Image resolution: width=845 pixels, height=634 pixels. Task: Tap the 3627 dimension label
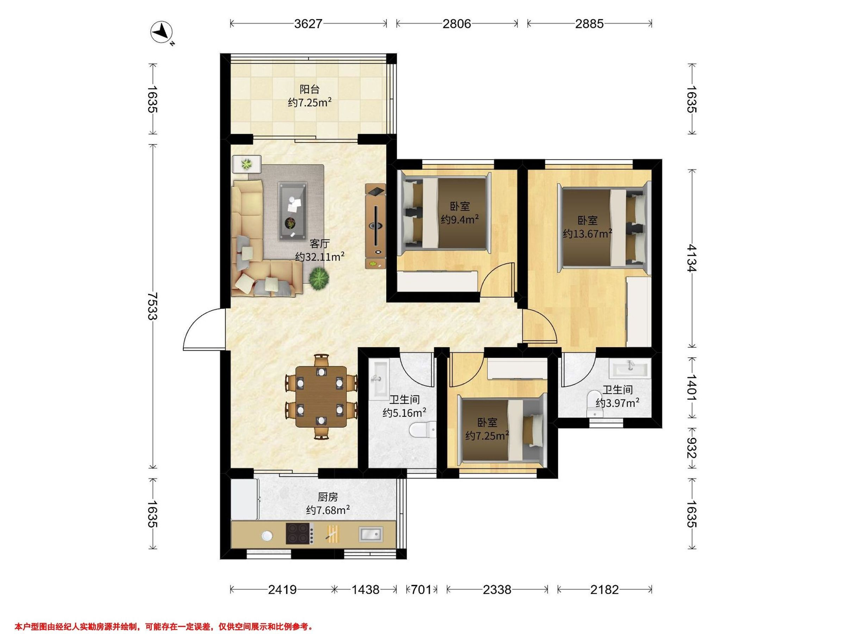tap(308, 24)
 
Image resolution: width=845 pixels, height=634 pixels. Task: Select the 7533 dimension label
tap(152, 306)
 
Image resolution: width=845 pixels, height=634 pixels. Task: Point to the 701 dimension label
tap(421, 590)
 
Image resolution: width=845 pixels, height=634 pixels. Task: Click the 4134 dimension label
tap(691, 258)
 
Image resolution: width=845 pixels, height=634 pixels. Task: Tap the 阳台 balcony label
tap(309, 89)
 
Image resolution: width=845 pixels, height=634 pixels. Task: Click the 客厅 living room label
tap(319, 244)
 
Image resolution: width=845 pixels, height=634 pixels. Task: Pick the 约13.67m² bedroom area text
tap(588, 234)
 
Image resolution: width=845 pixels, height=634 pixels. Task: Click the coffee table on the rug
tap(293, 211)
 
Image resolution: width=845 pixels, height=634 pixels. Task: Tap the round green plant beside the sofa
tap(319, 279)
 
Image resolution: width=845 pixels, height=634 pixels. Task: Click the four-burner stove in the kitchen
tap(300, 533)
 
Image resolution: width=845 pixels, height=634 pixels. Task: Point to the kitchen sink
tap(370, 534)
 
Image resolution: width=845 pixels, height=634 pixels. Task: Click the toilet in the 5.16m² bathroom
tap(423, 430)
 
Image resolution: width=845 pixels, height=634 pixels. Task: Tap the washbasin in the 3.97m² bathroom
tap(631, 369)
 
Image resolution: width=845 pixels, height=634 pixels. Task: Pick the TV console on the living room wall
tap(376, 226)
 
